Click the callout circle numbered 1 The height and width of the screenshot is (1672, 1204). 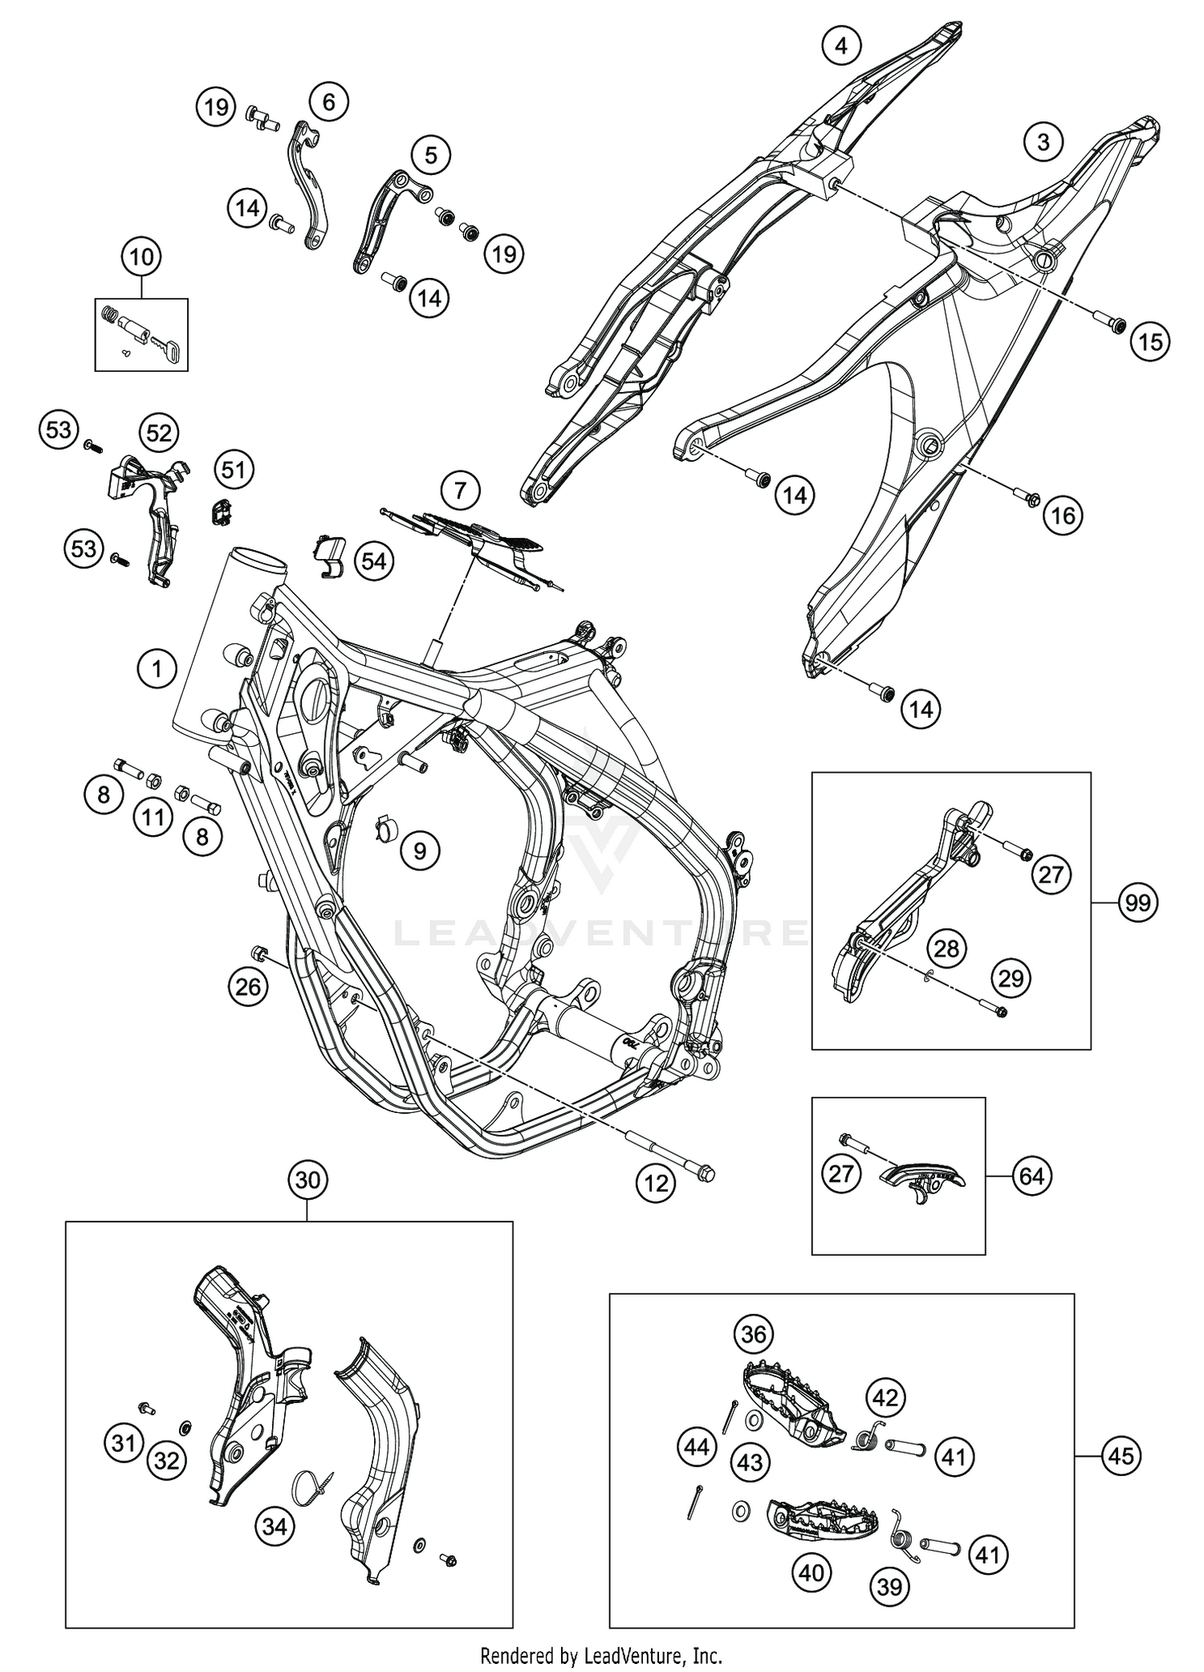click(x=157, y=668)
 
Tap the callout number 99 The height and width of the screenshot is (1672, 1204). click(x=1137, y=903)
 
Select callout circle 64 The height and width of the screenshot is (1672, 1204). click(x=1031, y=1176)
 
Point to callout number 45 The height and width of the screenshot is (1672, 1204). click(x=1121, y=1455)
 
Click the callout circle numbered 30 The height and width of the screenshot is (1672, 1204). click(x=307, y=1180)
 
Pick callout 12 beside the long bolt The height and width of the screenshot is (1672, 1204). click(x=656, y=1184)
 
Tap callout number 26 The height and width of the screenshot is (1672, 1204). click(x=248, y=985)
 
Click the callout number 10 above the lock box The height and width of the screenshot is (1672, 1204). click(x=140, y=258)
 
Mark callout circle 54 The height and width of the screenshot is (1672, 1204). click(x=373, y=561)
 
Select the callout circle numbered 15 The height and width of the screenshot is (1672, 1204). click(x=1150, y=342)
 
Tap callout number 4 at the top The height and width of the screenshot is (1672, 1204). click(x=840, y=46)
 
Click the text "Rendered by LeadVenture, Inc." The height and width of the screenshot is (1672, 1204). click(x=601, y=1654)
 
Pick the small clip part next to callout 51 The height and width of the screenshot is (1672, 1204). click(x=221, y=510)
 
